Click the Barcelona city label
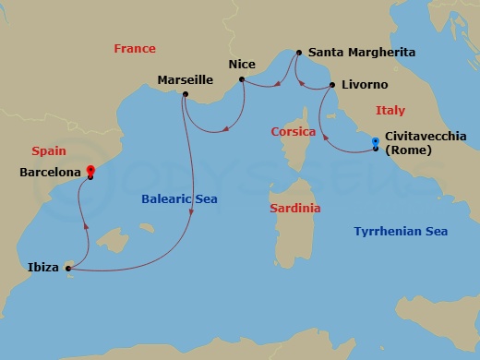(50, 171)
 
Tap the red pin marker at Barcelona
(90, 170)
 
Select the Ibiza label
(43, 269)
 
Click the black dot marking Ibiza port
(68, 270)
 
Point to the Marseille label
(186, 79)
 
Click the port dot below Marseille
(186, 94)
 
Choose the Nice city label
(241, 65)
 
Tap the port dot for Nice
(241, 79)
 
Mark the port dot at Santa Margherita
(297, 54)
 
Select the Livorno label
(364, 85)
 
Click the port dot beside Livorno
(330, 86)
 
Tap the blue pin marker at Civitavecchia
(376, 142)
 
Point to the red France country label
(135, 48)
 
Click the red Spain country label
(46, 150)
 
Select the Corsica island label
(294, 131)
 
